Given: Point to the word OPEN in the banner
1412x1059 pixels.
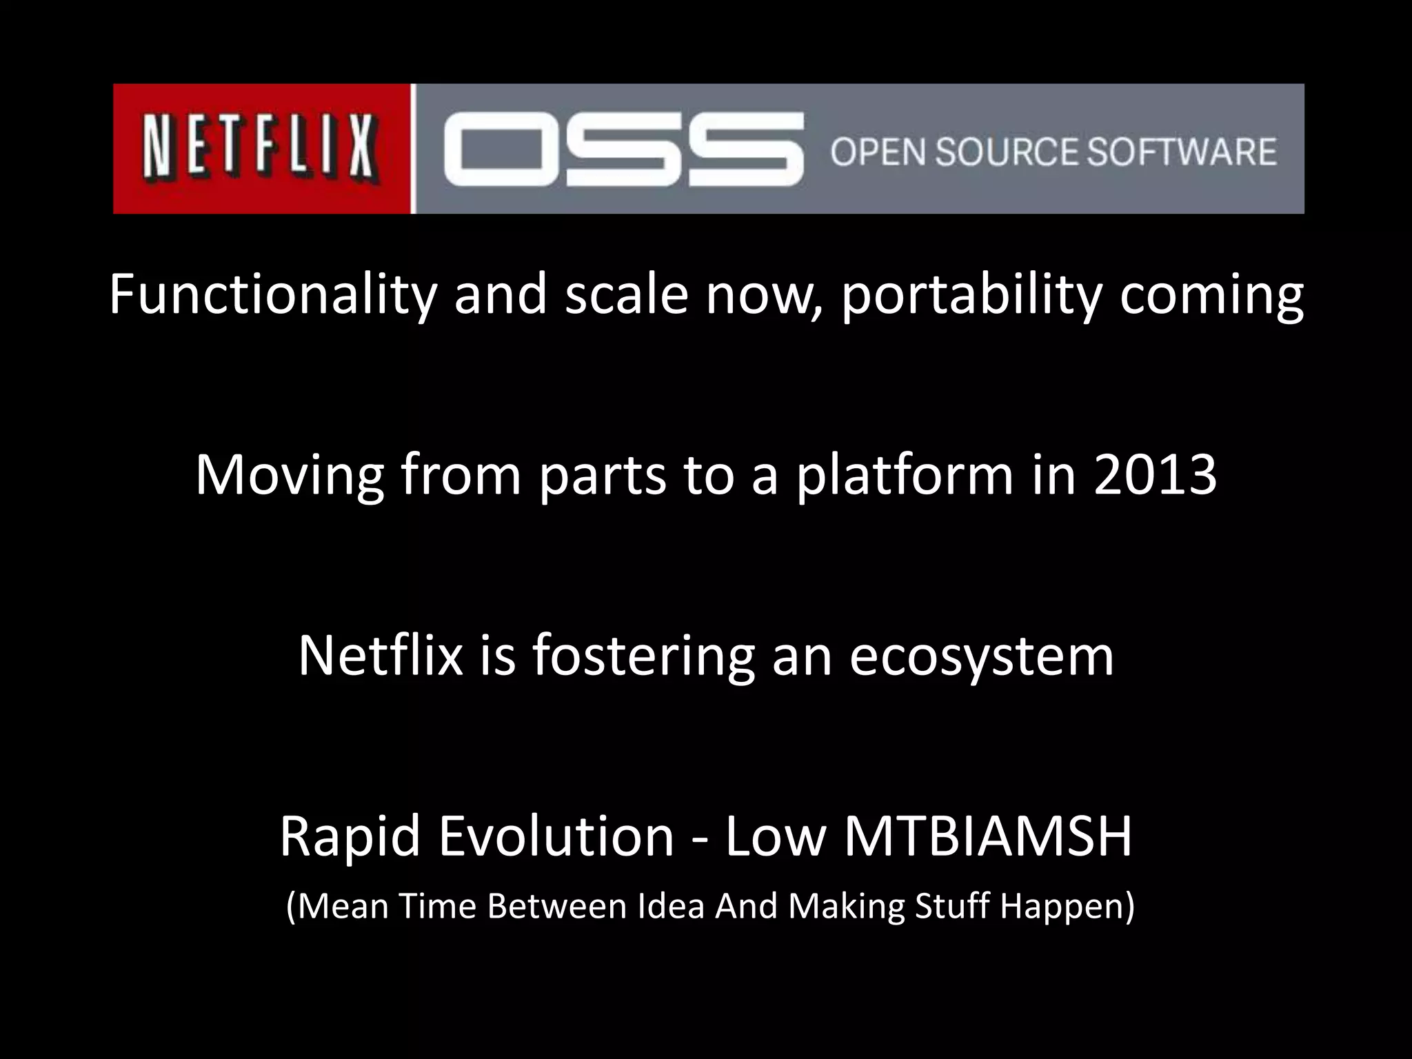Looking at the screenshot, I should (x=877, y=151).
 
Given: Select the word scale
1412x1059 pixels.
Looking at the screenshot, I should (x=627, y=294).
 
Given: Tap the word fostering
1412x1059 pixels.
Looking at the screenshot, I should (x=643, y=656).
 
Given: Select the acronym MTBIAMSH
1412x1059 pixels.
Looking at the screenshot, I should (x=988, y=836).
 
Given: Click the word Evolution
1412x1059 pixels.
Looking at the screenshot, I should (x=555, y=836).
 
